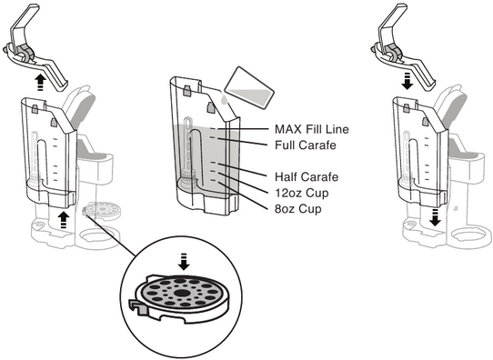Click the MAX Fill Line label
(x=312, y=129)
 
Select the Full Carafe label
(x=306, y=145)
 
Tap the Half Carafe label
(x=307, y=177)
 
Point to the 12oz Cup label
(x=301, y=193)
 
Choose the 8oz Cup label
(x=298, y=209)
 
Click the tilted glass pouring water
(x=250, y=88)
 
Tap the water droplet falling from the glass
(x=223, y=100)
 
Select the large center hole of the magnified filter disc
(x=181, y=293)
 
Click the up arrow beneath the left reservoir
(x=64, y=220)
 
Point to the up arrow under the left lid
(x=40, y=83)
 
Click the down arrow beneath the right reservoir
(x=436, y=217)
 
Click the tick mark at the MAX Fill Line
(x=213, y=129)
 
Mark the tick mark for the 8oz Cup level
(x=213, y=180)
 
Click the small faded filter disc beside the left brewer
(x=101, y=211)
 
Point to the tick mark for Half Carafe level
(x=213, y=163)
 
